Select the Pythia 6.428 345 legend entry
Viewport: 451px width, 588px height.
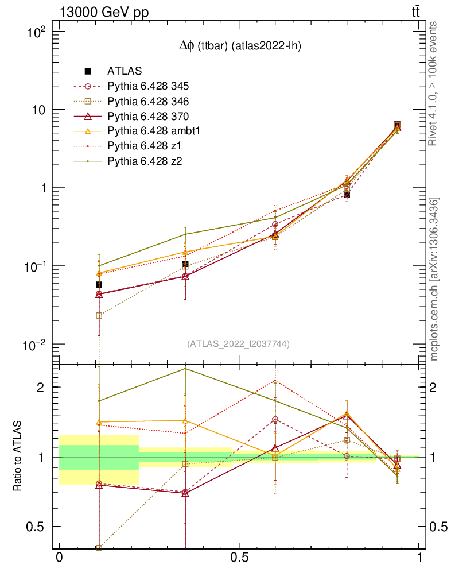pos(148,87)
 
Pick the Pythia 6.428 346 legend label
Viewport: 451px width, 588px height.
pos(148,102)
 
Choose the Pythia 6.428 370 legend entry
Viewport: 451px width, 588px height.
pos(148,117)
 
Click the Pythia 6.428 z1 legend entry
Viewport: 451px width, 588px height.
pos(144,146)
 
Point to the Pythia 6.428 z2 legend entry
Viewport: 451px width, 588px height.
pos(144,161)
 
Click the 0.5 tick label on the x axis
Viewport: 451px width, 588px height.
pos(239,558)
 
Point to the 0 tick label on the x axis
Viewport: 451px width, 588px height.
pos(59,558)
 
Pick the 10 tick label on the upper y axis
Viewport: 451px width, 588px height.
pos(44,110)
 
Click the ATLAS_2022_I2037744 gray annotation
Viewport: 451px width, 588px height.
pos(238,344)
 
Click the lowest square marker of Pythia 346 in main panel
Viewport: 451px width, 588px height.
pos(99,315)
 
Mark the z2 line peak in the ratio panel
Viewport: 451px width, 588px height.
pos(185,368)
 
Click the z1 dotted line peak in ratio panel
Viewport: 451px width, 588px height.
pos(275,381)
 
